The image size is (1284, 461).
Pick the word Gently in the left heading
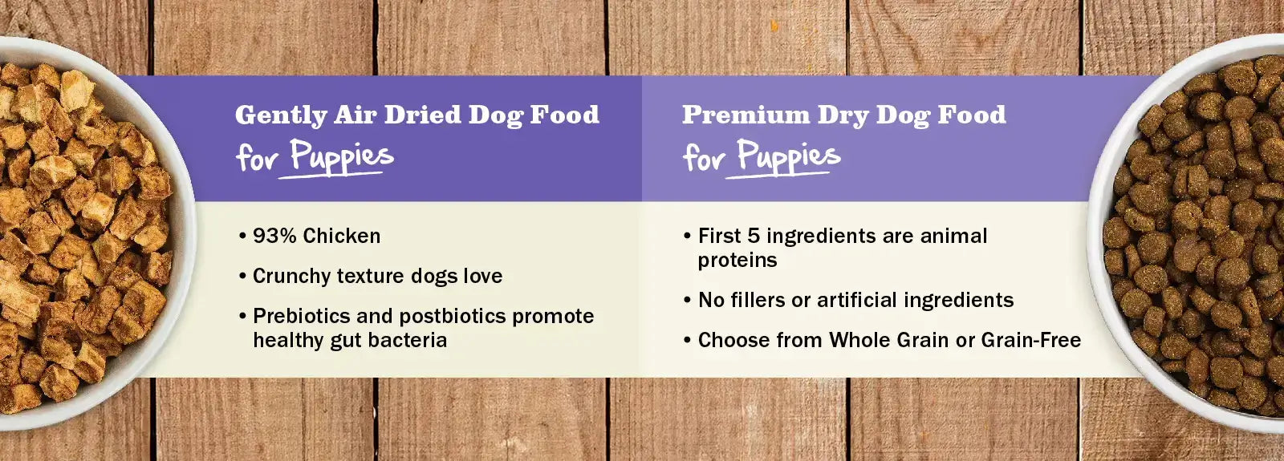pyautogui.click(x=281, y=115)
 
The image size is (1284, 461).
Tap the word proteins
pyautogui.click(x=737, y=261)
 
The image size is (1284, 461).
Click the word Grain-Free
pyautogui.click(x=1031, y=340)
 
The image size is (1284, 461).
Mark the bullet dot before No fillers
pyautogui.click(x=687, y=301)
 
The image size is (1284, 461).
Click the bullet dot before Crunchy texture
pyautogui.click(x=242, y=277)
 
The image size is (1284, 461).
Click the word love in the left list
pyautogui.click(x=482, y=277)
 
